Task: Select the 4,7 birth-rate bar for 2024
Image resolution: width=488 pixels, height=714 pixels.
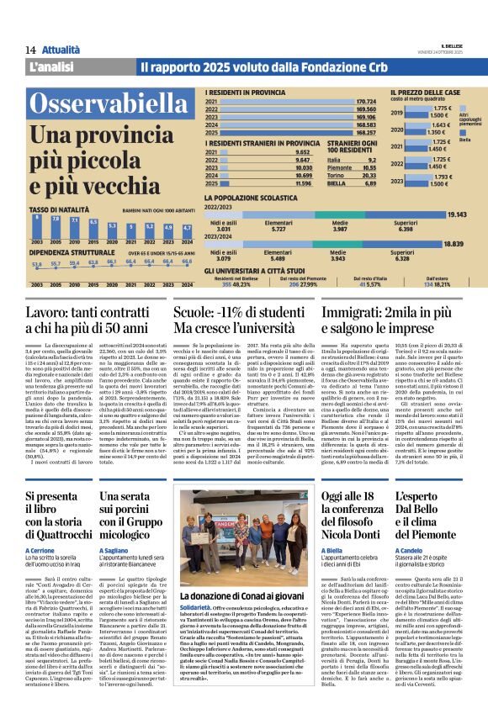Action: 187,228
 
